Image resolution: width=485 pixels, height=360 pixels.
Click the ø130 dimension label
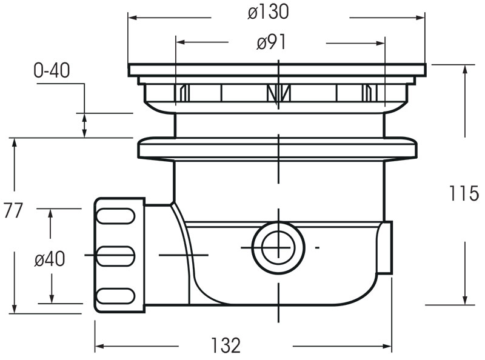(x=268, y=12)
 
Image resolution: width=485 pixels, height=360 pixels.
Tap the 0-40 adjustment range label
(x=52, y=71)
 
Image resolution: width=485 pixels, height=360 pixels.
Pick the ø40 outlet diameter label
(x=50, y=259)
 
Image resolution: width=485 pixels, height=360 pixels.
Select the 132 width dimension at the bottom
(x=226, y=345)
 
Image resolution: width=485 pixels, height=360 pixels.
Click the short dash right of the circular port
(x=317, y=247)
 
